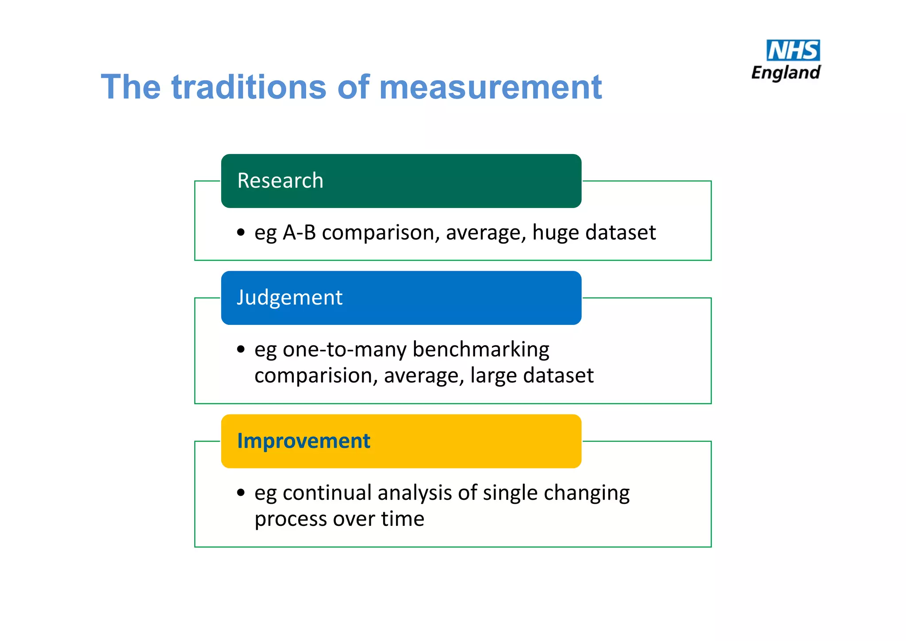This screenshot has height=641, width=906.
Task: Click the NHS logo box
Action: (x=793, y=50)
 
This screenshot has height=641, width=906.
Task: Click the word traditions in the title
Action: (x=249, y=87)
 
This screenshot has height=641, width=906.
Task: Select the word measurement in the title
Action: (x=490, y=87)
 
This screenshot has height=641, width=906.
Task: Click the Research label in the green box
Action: (x=280, y=181)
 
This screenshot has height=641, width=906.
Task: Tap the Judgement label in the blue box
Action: (x=289, y=297)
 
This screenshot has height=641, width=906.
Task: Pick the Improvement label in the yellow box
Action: (x=303, y=441)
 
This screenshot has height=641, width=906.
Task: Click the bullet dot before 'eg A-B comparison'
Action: (x=241, y=232)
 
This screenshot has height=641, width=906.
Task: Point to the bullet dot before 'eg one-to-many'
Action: (x=241, y=349)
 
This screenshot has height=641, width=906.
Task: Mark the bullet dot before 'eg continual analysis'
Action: (x=241, y=493)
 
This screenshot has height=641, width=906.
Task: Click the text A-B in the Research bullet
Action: (x=299, y=232)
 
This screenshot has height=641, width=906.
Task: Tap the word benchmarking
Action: (x=481, y=349)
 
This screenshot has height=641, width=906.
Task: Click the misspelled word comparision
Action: (x=316, y=375)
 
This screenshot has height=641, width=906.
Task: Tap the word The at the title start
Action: (x=131, y=87)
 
